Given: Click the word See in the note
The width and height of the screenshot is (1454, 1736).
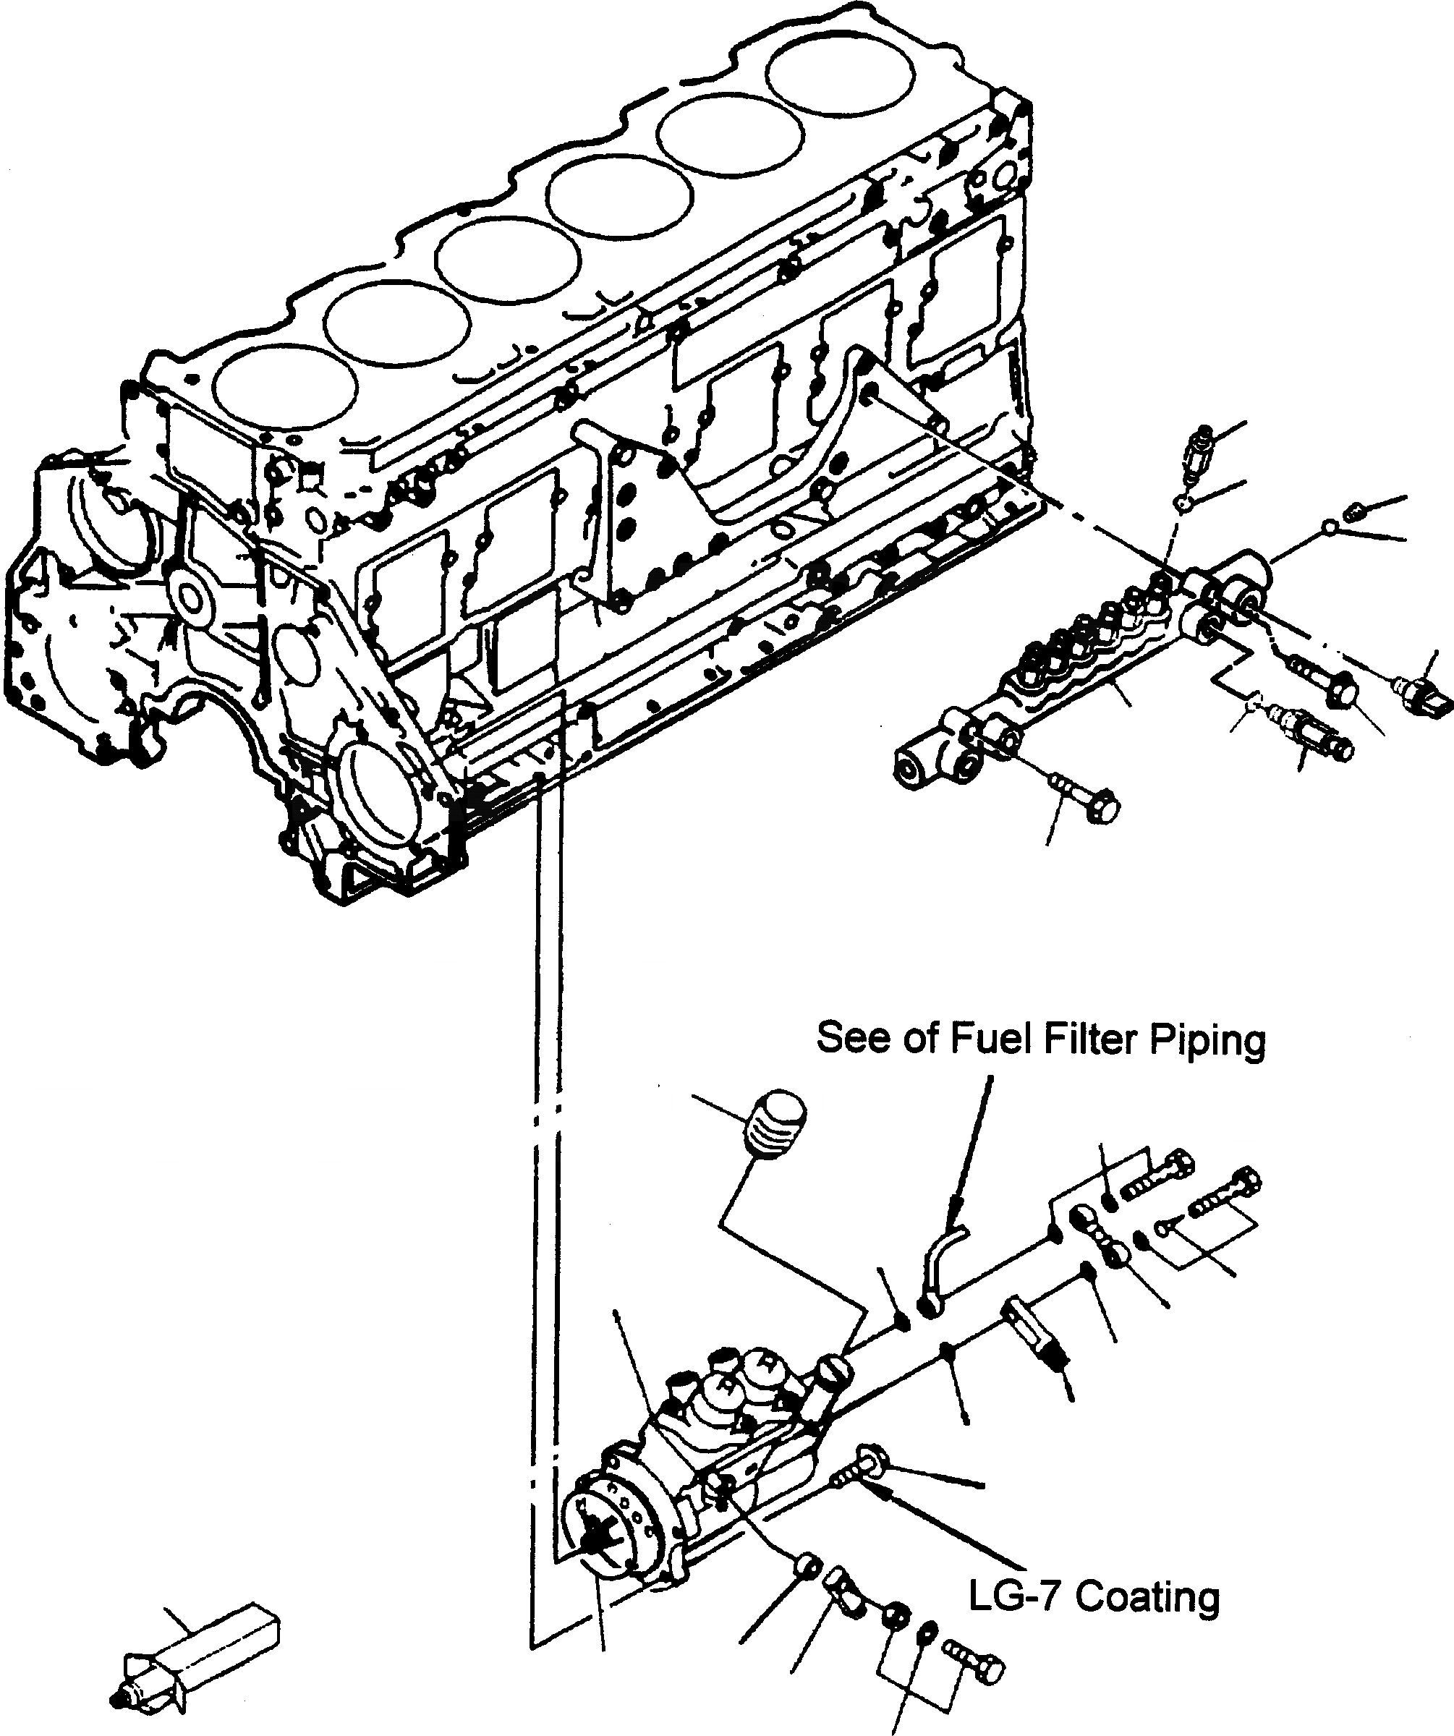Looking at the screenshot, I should coord(852,1039).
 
